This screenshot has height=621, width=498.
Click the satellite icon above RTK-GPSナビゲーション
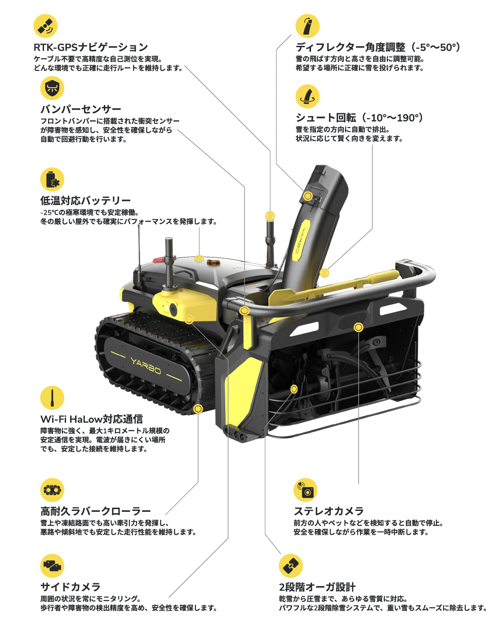pos(45,26)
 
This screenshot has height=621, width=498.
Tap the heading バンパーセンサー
pos(81,109)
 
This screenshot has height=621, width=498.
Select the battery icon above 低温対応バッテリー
pos(52,179)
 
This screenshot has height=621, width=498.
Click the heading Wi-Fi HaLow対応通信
pos(92,419)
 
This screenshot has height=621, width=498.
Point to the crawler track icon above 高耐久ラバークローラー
pos(52,490)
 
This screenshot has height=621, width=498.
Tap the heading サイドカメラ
pos(71,587)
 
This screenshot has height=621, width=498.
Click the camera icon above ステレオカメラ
pos(306,490)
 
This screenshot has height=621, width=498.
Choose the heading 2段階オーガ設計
pos(317,587)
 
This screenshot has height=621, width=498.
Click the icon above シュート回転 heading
pos(307,96)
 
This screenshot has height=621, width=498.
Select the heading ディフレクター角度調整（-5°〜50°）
pos(378,47)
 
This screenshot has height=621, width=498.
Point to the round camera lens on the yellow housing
pos(173,310)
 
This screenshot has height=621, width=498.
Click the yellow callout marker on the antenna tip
pos(270,216)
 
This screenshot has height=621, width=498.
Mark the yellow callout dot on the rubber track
pos(198,408)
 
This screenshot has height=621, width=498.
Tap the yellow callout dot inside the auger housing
pos(294,389)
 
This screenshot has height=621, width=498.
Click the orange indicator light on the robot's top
pos(213,262)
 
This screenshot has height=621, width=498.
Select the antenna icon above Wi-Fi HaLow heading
pos(52,398)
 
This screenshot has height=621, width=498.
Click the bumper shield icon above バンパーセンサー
pos(52,88)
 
